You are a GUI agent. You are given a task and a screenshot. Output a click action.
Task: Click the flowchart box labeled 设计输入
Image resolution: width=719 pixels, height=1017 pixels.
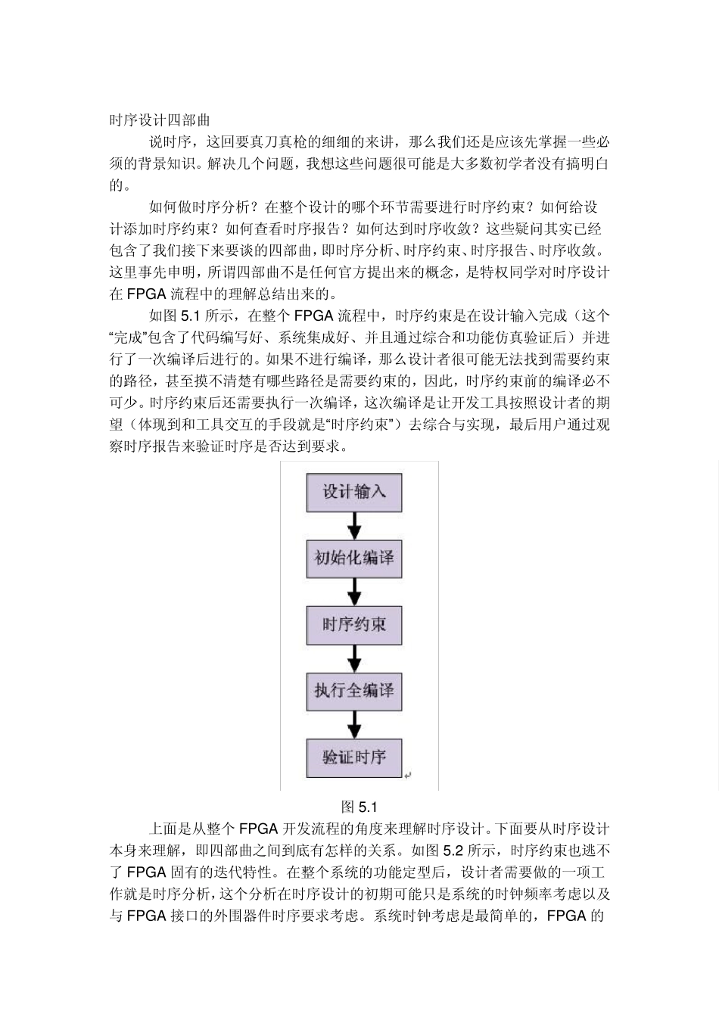(353, 493)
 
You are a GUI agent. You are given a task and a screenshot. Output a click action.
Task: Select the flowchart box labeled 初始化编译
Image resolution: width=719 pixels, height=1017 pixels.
(353, 559)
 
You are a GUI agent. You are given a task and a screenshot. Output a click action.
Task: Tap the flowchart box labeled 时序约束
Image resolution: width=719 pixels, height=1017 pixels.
(353, 625)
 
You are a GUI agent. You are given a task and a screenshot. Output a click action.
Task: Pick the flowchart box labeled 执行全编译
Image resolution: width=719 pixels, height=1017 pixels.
(353, 691)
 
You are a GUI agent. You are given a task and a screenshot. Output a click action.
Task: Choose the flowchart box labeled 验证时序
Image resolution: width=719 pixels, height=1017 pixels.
(353, 757)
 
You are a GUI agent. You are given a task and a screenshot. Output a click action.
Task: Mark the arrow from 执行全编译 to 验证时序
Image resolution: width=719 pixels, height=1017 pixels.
(353, 723)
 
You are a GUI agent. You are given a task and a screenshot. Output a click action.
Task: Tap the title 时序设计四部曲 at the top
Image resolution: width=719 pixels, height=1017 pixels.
(159, 120)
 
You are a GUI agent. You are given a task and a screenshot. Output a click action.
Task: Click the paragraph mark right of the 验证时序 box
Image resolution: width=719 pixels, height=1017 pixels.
(407, 775)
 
